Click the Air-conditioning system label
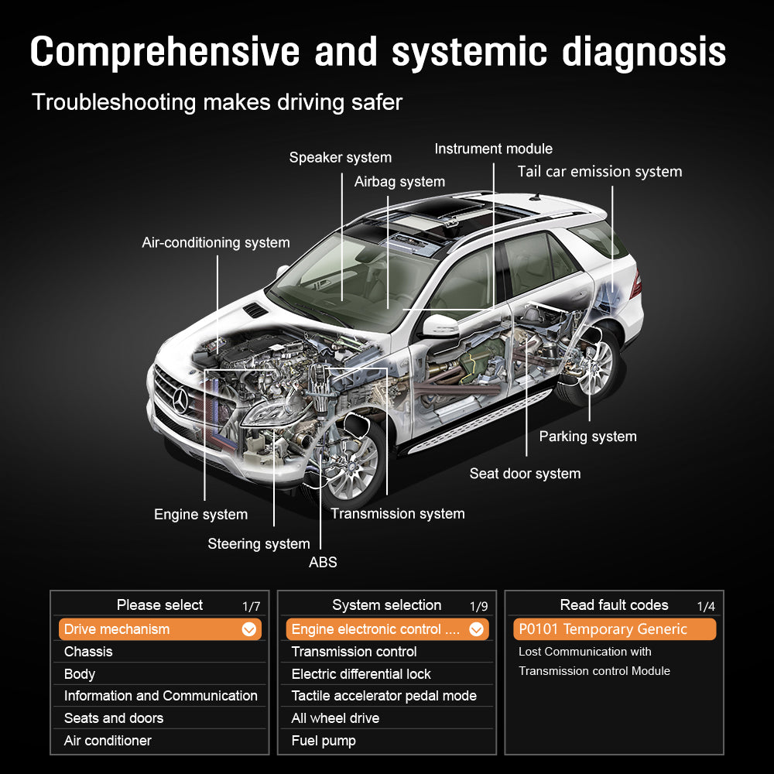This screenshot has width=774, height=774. [215, 243]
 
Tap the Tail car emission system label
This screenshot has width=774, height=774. [599, 172]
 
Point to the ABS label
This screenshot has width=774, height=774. [323, 563]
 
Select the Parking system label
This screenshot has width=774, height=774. [587, 437]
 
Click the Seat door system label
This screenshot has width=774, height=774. [525, 474]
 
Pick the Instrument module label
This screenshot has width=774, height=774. [493, 149]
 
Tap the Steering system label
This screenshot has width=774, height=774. [259, 544]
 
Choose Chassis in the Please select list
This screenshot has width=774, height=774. [88, 652]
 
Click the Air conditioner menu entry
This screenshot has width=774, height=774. [108, 741]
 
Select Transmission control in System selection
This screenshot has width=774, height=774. [354, 652]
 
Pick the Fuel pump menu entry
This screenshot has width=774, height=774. [324, 741]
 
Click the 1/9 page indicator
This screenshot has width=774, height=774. [479, 607]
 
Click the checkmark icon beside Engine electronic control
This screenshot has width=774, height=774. [477, 629]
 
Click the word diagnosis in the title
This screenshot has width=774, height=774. [644, 52]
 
